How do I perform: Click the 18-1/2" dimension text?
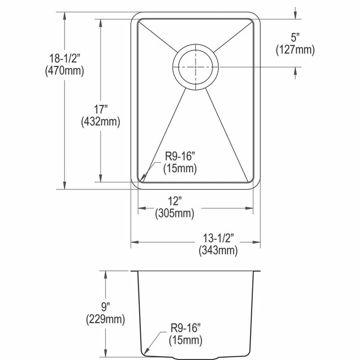[x=67, y=58]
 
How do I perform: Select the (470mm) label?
[x=65, y=70]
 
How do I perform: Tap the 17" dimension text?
[x=101, y=109]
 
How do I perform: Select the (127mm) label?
[x=295, y=50]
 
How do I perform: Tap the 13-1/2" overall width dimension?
[x=218, y=237]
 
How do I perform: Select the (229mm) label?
[x=106, y=320]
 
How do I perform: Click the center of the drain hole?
[x=196, y=67]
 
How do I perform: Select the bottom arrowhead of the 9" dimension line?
[x=106, y=351]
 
